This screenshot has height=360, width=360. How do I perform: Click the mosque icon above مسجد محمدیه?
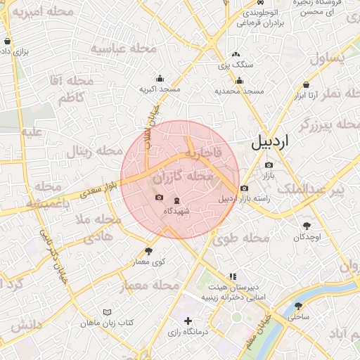coord(239,80)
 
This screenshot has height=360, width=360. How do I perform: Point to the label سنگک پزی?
coord(235,65)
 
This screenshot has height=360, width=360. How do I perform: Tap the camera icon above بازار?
coord(269,165)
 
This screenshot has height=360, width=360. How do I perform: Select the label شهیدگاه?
coord(176,211)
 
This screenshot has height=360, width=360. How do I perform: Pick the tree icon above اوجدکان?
coord(307,226)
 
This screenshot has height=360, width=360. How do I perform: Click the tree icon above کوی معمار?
coord(148,250)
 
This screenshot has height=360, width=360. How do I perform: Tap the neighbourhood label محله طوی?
coord(241,238)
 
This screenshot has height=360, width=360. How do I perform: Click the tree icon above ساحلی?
coord(299,306)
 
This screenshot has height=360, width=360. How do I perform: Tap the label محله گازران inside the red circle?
coord(182,175)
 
